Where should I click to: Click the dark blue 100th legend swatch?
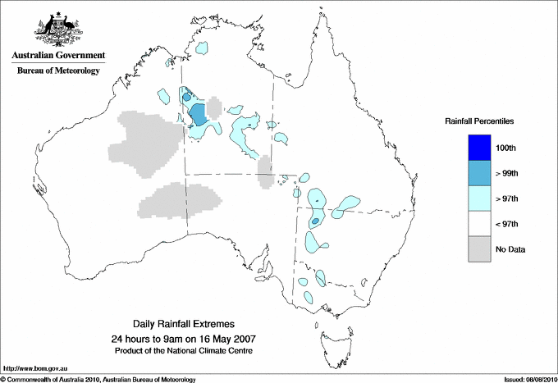tap(479, 147)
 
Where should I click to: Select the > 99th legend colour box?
tap(479, 172)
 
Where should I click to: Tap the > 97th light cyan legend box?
tap(479, 198)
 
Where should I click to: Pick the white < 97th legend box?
tap(479, 223)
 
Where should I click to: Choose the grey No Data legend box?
tap(479, 248)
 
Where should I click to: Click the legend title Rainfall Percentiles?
tap(479, 121)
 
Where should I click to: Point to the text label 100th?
tap(507, 148)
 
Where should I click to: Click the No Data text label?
tap(510, 249)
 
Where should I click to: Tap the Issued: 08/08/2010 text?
tap(528, 379)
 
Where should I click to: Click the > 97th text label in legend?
tap(507, 198)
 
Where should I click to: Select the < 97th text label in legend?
tap(507, 224)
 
